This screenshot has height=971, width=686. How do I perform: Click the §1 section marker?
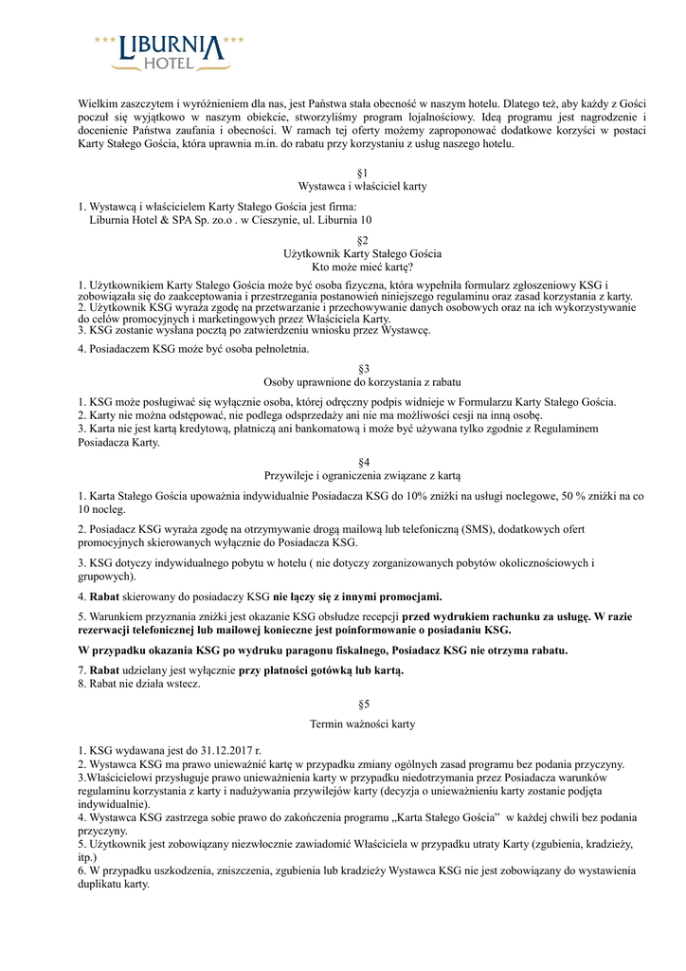tap(362, 173)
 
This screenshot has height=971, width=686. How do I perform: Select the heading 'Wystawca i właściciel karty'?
tap(362, 187)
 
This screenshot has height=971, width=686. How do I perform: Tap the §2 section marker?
tap(362, 240)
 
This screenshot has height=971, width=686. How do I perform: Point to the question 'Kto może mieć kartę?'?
tap(362, 267)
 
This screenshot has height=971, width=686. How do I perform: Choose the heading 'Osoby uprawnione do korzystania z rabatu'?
tap(362, 381)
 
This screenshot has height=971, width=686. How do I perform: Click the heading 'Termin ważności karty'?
tap(362, 724)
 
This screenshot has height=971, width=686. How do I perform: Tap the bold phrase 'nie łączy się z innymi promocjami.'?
tap(358, 596)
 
